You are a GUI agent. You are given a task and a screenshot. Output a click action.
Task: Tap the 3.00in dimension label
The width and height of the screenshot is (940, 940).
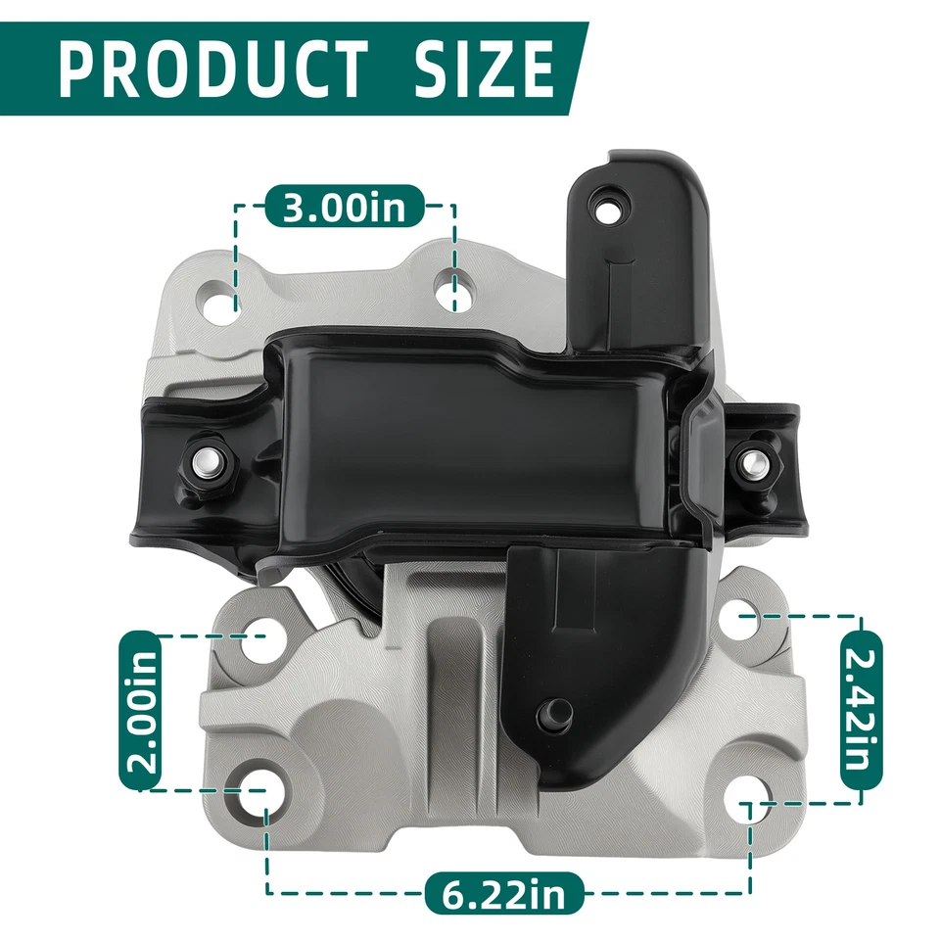[345, 208]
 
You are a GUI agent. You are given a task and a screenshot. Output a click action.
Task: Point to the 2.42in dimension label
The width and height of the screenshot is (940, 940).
[862, 711]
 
